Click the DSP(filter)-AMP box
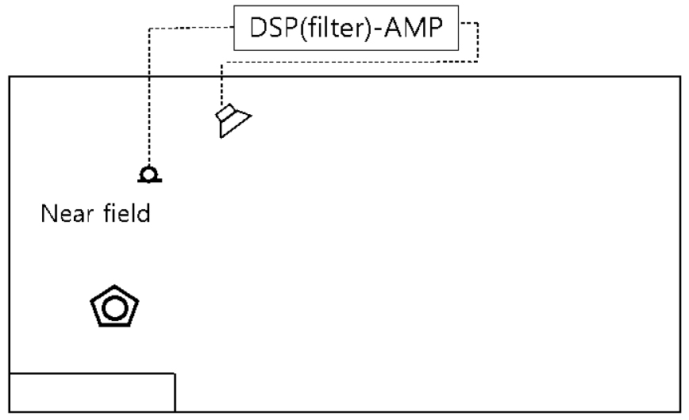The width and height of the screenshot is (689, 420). pos(346,30)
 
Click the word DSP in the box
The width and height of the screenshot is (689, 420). pos(266,30)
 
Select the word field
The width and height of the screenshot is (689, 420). pos(125,214)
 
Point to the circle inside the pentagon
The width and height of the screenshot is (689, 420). pos(115,307)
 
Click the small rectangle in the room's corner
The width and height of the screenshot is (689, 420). pos(91,391)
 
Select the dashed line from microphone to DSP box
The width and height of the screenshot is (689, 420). pos(148,95)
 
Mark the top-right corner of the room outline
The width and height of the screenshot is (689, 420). pos(679,76)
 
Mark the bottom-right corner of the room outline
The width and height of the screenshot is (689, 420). pos(679,411)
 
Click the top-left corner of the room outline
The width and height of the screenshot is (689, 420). pos(10,76)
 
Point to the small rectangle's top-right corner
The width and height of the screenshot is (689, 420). pos(175,372)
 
